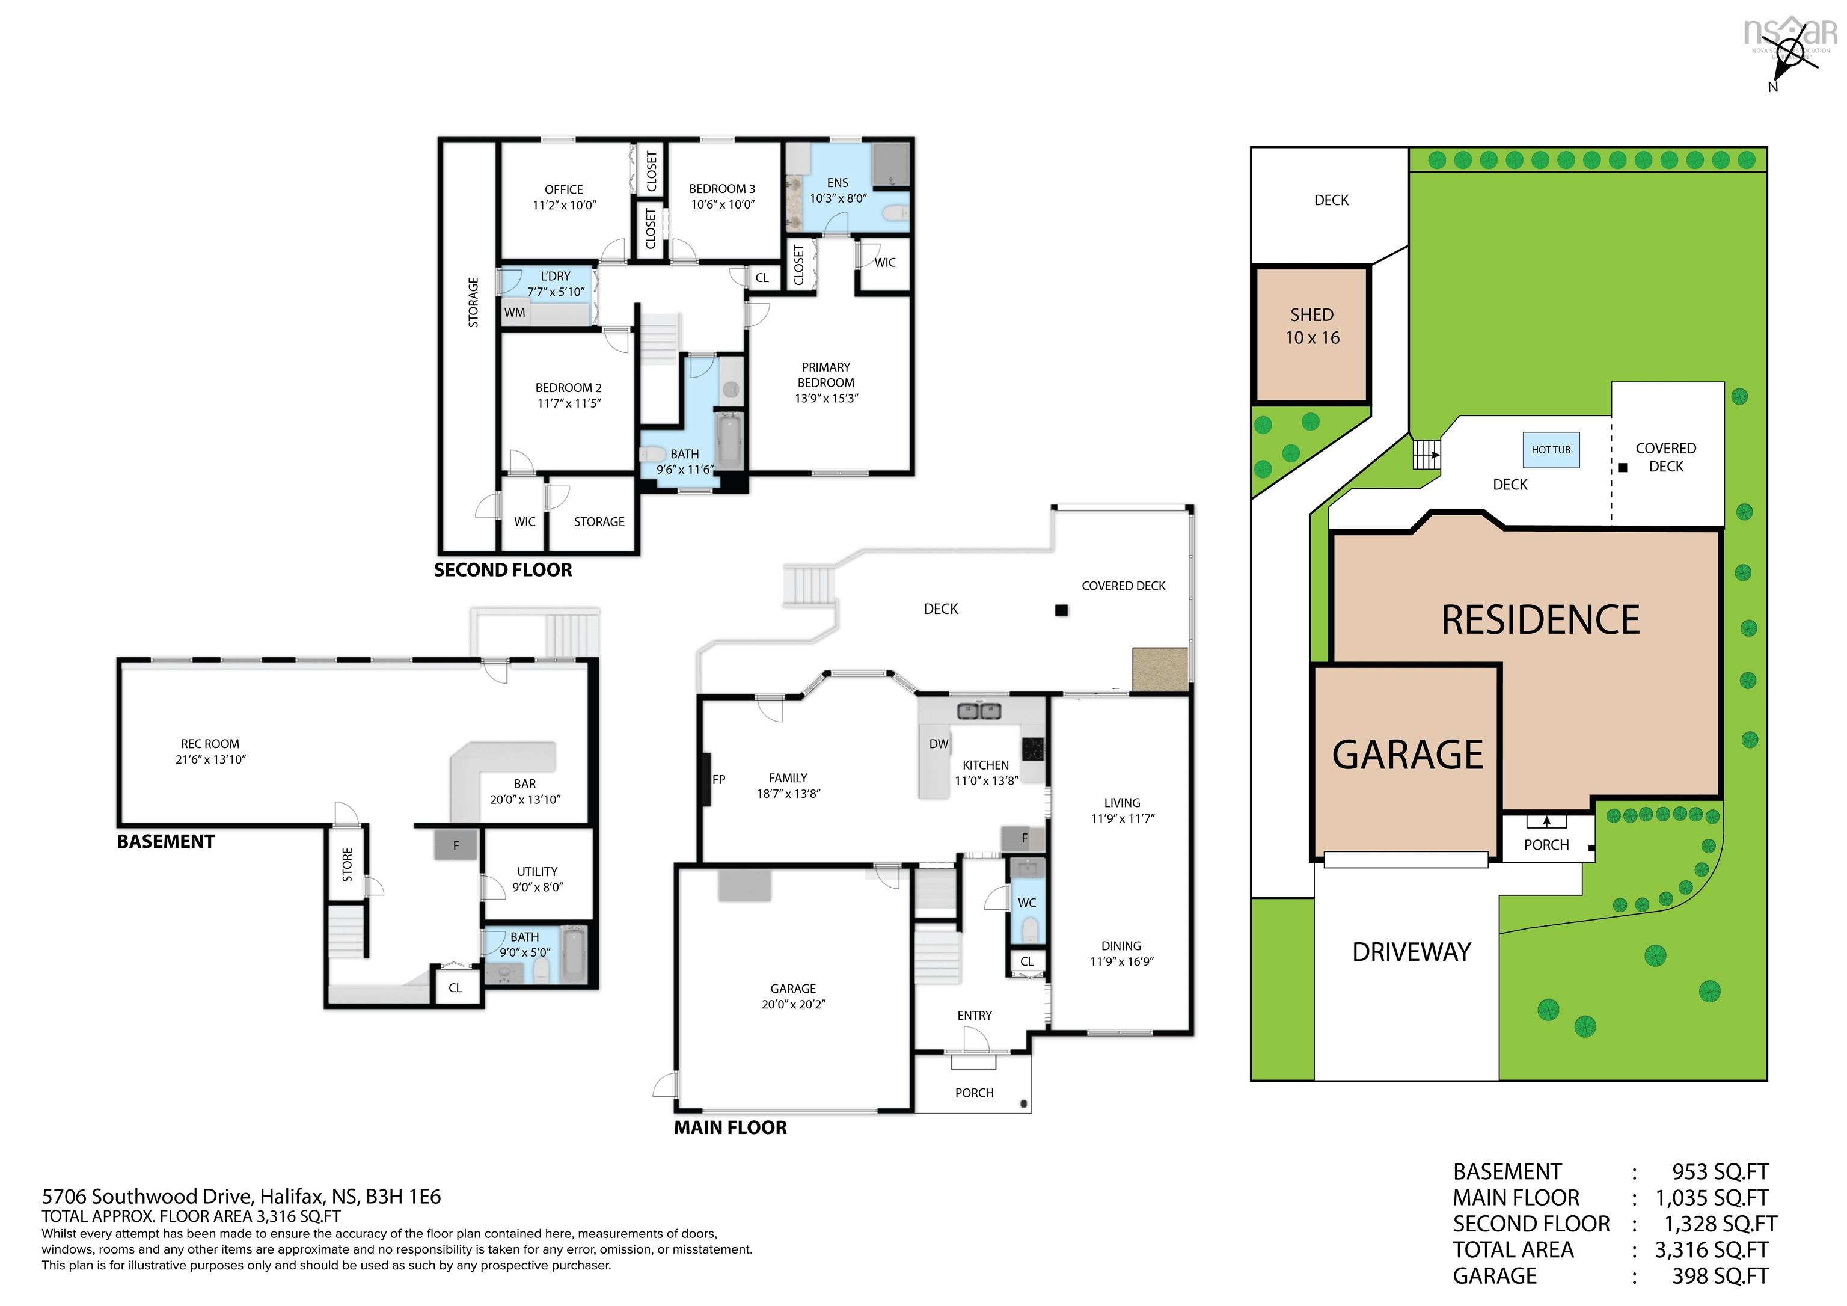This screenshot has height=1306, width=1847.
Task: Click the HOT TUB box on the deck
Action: tap(1551, 450)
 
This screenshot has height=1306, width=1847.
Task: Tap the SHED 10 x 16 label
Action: tap(1312, 326)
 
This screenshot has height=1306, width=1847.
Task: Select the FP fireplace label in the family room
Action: tap(718, 779)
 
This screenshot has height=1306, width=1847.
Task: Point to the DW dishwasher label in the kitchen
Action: tap(939, 744)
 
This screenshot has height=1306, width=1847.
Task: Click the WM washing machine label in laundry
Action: tap(515, 312)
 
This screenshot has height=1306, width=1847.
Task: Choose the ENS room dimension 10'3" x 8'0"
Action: tap(838, 198)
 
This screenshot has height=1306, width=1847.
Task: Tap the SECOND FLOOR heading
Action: tap(503, 569)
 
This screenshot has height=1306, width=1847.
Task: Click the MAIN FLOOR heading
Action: tap(731, 1127)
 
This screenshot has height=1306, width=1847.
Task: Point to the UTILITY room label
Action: tap(538, 871)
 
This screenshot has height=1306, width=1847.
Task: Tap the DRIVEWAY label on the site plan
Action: tap(1412, 952)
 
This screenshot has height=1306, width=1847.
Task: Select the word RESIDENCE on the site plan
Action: tap(1540, 619)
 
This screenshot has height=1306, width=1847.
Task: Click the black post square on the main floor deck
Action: tap(1061, 610)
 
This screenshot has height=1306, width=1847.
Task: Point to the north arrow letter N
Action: tap(1773, 87)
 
